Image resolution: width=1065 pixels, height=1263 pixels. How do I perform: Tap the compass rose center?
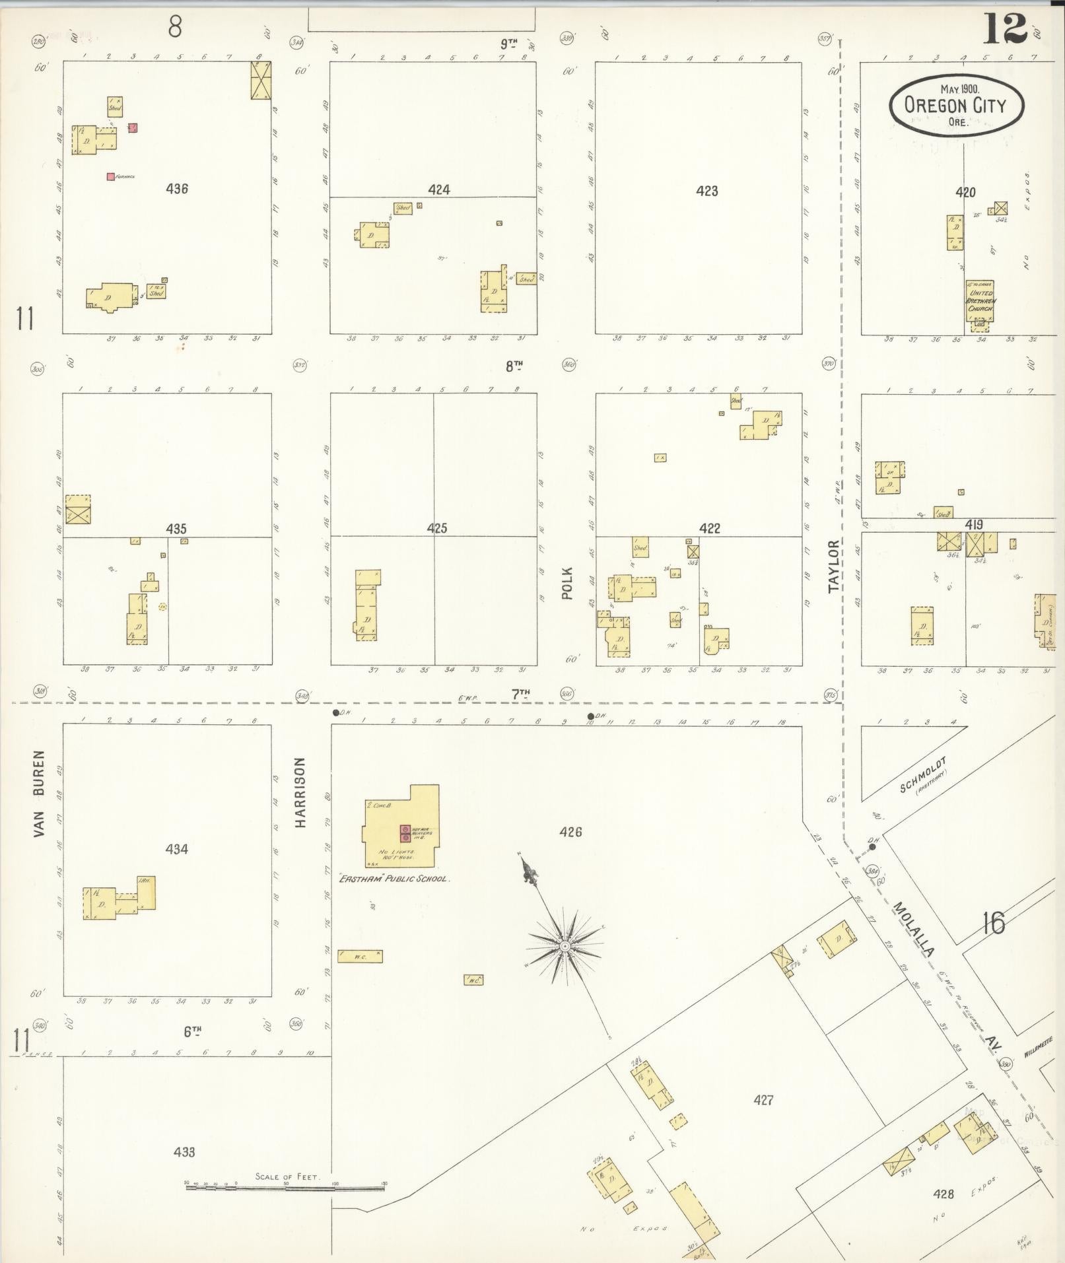565,947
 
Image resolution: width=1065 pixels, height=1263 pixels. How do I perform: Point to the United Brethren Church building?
979,300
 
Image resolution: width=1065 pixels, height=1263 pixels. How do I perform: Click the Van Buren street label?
39,794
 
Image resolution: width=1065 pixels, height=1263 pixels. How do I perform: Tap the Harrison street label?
300,792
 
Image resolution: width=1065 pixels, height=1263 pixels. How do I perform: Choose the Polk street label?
567,583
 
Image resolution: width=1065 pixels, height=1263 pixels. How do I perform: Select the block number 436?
177,189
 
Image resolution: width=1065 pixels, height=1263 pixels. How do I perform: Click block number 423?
706,191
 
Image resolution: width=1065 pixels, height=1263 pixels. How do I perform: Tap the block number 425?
436,528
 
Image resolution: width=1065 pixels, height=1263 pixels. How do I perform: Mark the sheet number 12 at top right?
1006,30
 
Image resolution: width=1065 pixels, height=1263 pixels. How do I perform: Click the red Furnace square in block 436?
110,176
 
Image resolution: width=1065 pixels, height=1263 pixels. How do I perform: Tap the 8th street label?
514,366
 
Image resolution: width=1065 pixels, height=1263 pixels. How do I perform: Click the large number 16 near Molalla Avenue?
993,923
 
